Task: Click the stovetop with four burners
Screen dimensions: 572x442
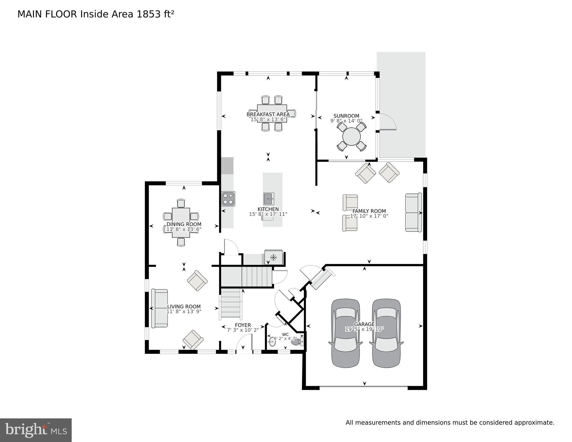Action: (x=228, y=199)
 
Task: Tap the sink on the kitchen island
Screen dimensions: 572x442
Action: (x=268, y=199)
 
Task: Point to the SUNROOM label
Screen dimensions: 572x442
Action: (x=346, y=116)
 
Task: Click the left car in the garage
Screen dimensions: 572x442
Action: (x=345, y=333)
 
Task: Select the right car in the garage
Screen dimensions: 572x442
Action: (x=386, y=333)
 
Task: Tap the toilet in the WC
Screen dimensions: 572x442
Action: (x=297, y=342)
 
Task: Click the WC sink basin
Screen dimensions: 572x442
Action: (x=271, y=342)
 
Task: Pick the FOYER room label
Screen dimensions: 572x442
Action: (x=243, y=325)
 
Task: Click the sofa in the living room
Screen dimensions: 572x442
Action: (x=159, y=308)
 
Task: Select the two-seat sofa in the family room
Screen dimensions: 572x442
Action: (x=413, y=213)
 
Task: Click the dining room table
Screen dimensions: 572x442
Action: (x=181, y=222)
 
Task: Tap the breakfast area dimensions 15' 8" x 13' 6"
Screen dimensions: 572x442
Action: (x=268, y=119)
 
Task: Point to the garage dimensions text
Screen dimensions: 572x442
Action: (x=364, y=329)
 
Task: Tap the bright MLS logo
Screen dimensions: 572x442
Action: (x=36, y=430)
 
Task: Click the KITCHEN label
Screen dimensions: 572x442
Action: (x=268, y=209)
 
